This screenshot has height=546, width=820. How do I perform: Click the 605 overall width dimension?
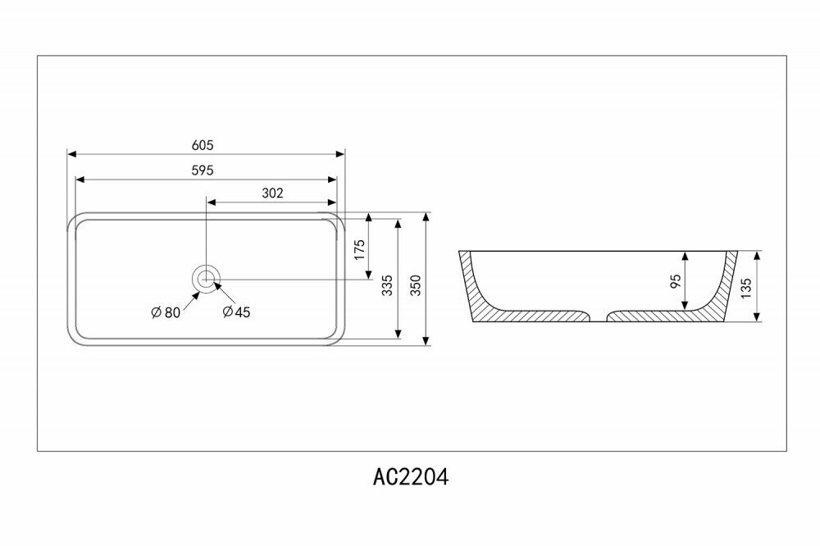click(x=203, y=145)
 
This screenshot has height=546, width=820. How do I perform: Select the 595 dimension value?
click(x=203, y=171)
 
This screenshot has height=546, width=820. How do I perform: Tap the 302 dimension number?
click(x=272, y=193)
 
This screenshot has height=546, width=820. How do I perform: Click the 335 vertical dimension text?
click(x=388, y=284)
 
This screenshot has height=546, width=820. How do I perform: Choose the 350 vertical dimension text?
click(x=416, y=284)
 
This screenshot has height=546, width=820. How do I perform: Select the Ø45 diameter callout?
click(x=237, y=312)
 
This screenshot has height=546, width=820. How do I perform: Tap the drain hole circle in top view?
click(x=206, y=278)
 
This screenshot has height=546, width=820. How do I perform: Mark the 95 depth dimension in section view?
click(x=676, y=281)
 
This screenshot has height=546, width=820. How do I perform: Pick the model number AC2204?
click(x=411, y=478)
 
